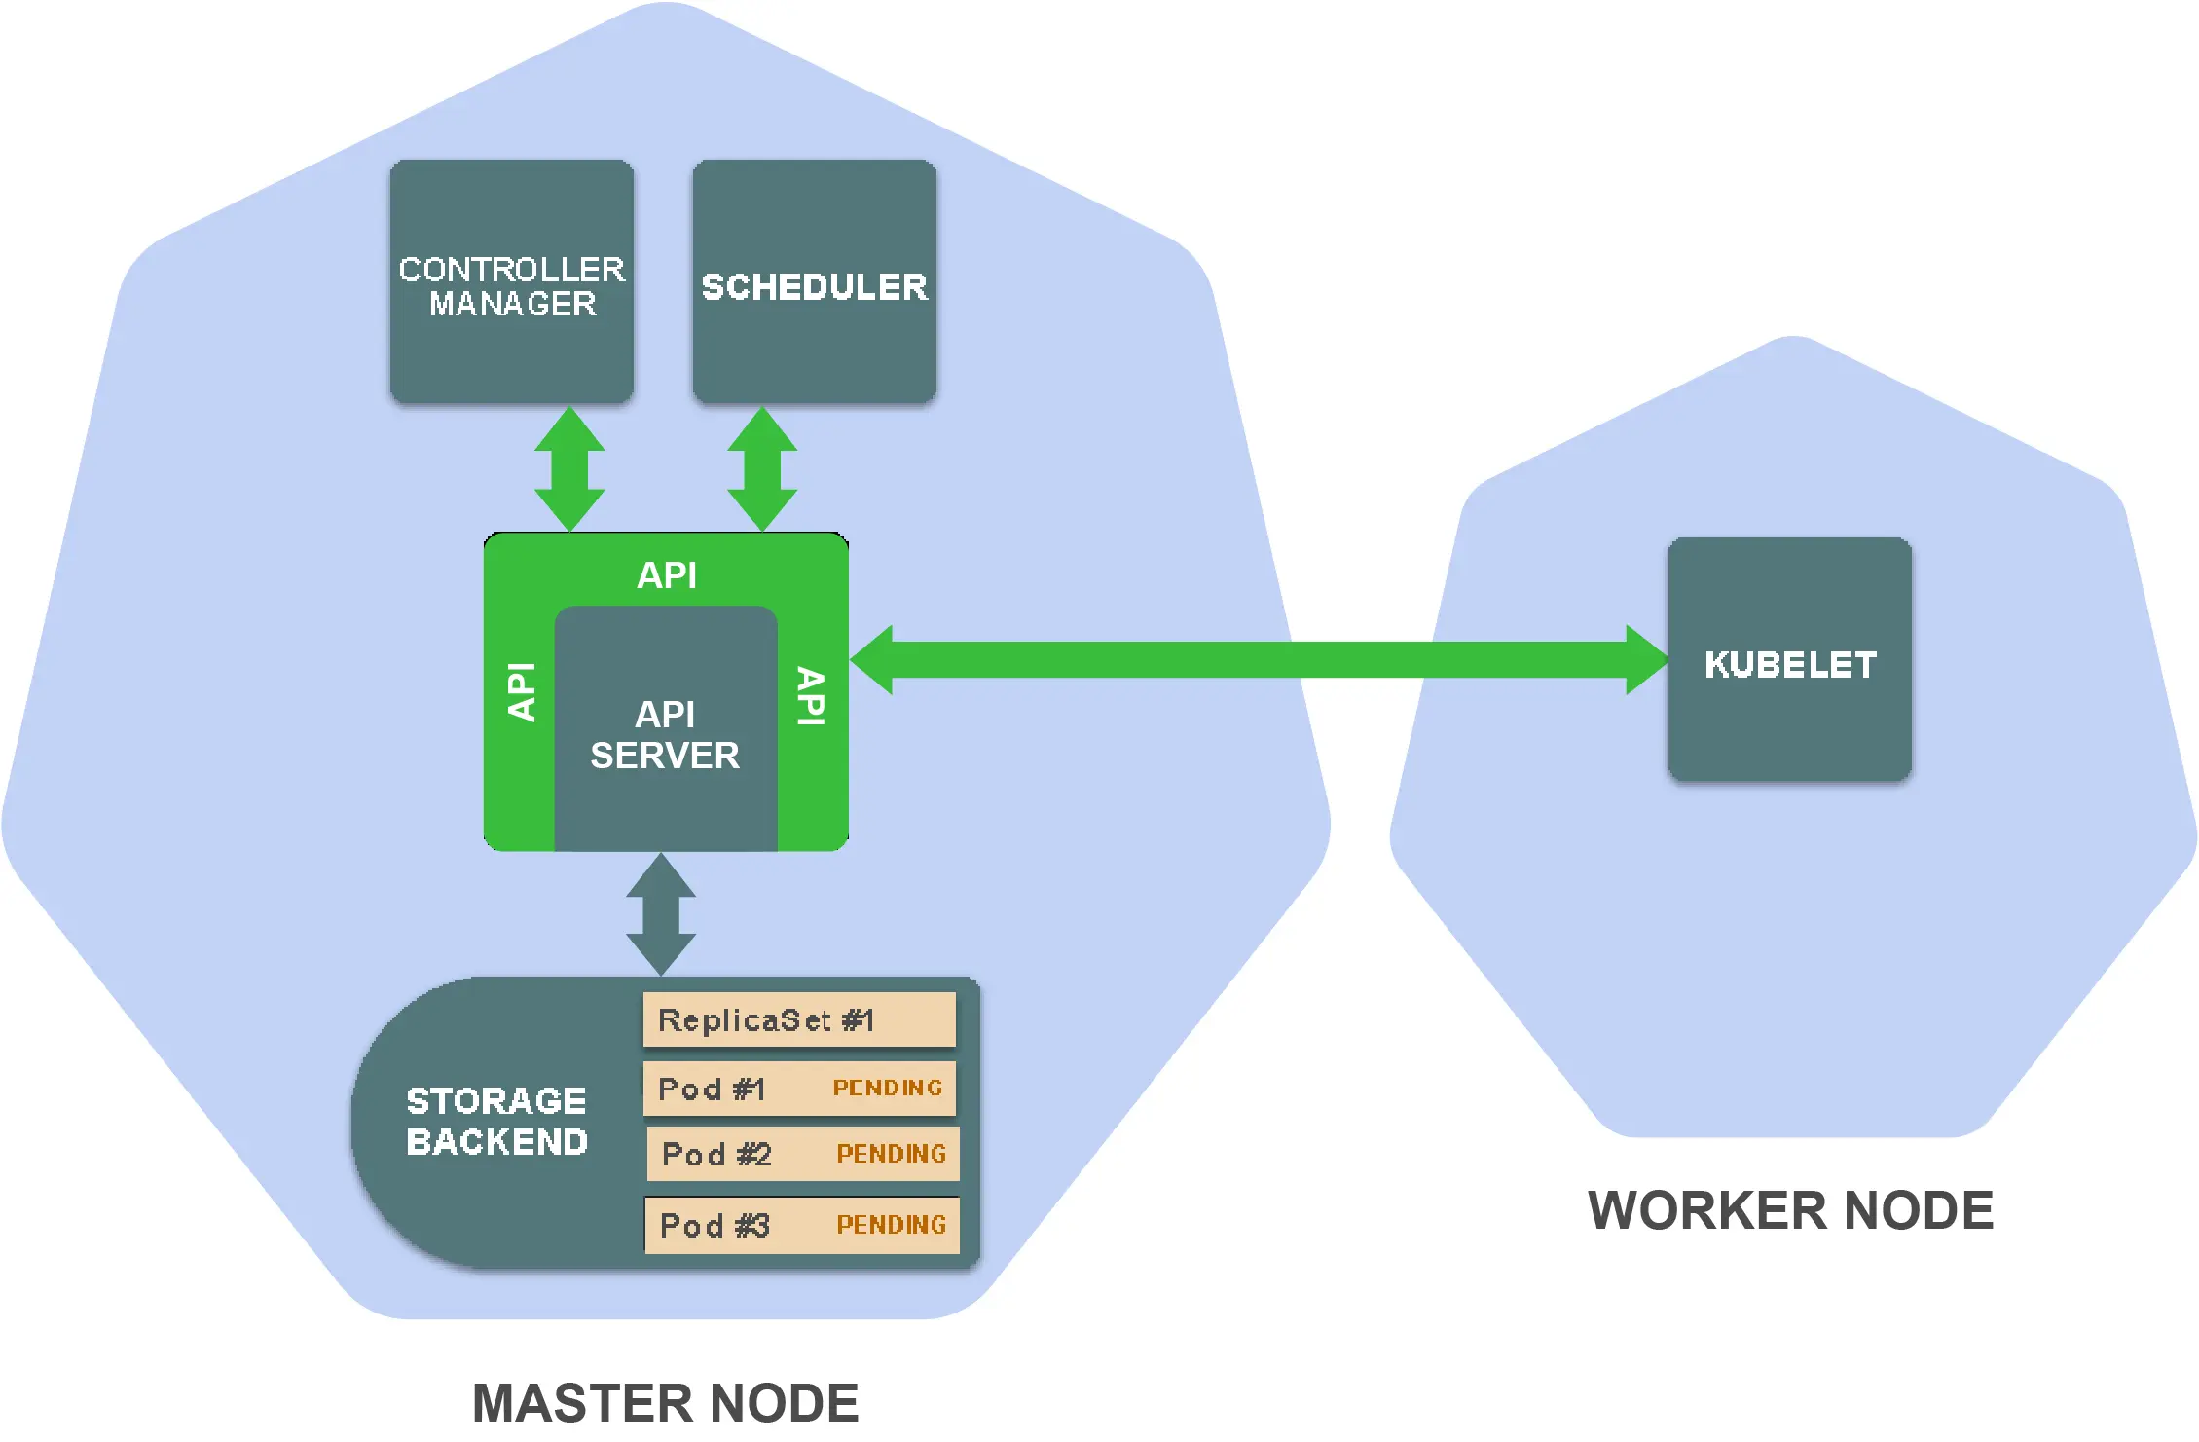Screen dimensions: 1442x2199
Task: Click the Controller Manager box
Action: [512, 282]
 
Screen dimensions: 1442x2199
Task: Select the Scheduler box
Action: [815, 282]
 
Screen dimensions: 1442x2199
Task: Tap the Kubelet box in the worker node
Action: [1789, 660]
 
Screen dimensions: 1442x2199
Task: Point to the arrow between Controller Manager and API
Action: [570, 469]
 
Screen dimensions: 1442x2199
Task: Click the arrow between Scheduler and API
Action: [762, 469]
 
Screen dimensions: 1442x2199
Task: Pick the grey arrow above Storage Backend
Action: [661, 914]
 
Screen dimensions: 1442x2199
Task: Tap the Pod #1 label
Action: [712, 1089]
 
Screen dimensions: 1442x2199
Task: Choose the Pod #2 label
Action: [716, 1154]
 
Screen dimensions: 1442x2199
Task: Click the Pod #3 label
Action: [715, 1225]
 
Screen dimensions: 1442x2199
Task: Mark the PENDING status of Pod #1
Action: [888, 1088]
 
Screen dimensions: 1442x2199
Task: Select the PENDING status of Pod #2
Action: [892, 1154]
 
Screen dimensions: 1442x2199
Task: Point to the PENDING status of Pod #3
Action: [892, 1225]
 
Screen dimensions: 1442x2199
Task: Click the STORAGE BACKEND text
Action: [496, 1122]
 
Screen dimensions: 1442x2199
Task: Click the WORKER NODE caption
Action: [1791, 1211]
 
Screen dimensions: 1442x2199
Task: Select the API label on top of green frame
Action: [667, 575]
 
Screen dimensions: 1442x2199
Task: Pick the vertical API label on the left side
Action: [522, 692]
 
